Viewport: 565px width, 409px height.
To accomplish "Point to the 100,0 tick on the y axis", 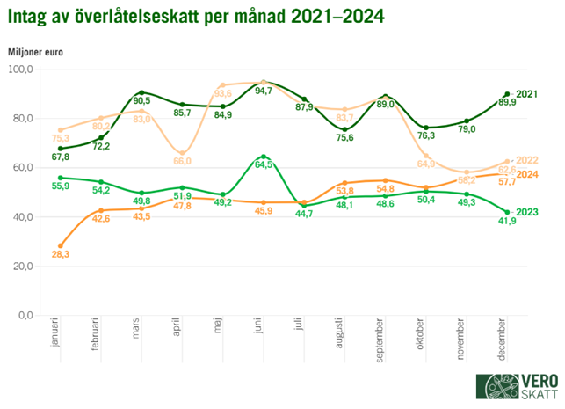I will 21,69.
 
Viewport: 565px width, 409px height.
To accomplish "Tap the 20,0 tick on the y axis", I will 21,266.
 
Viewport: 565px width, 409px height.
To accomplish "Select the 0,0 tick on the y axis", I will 24,315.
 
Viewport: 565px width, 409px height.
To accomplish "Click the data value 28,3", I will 61,255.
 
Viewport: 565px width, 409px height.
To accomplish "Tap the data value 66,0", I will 183,162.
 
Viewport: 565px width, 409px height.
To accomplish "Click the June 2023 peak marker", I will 264,157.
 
